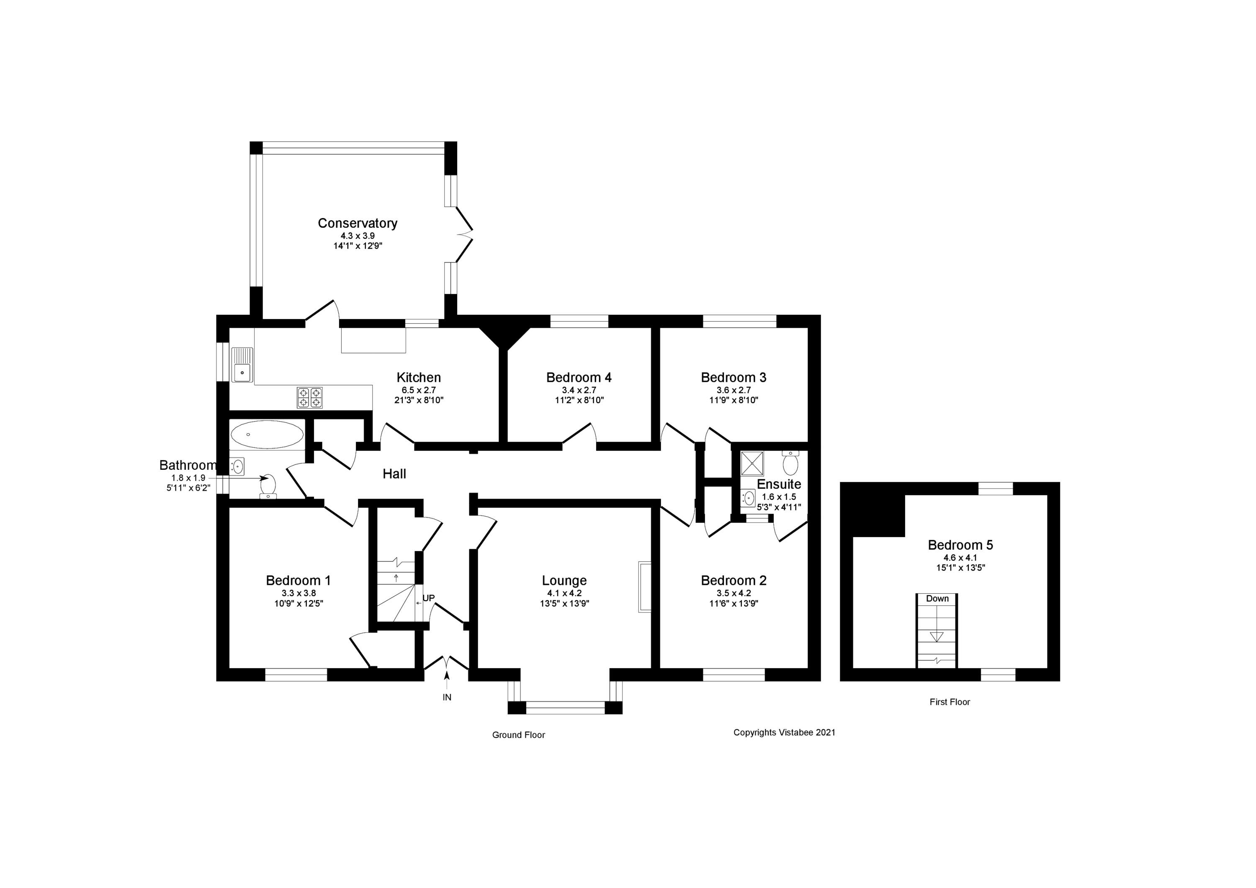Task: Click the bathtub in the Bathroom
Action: (266, 435)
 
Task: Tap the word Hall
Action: (394, 474)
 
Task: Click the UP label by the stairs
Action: (428, 598)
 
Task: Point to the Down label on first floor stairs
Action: (937, 599)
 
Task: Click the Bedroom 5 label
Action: (960, 545)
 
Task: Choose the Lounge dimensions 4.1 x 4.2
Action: (564, 593)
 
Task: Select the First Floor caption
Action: (949, 702)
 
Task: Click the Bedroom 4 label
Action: (579, 378)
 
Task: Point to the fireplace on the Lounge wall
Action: (644, 587)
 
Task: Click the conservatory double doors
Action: (463, 234)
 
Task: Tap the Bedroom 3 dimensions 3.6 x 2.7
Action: (734, 390)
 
